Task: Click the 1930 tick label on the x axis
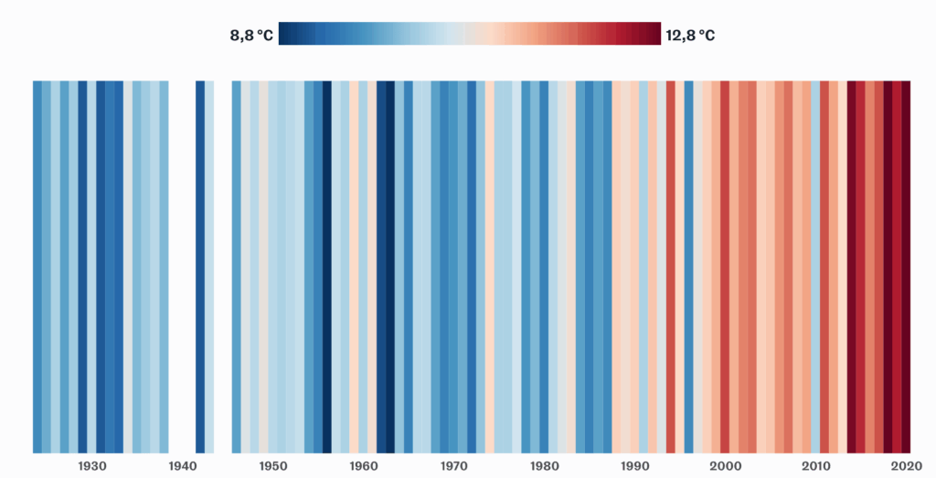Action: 92,466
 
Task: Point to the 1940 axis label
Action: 183,466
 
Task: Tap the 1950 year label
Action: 273,466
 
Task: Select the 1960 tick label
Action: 364,466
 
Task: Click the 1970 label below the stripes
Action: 454,466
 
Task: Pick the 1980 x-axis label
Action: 545,466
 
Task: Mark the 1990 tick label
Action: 635,466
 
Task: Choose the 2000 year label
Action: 726,466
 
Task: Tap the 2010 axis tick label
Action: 816,466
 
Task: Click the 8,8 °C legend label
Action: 251,36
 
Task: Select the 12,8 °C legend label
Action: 690,36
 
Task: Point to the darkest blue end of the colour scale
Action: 284,34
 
